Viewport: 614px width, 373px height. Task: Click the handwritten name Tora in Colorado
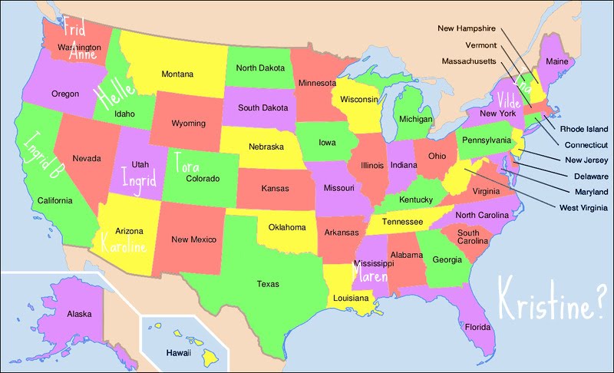(x=188, y=162)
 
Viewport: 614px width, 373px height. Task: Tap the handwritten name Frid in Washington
(x=74, y=29)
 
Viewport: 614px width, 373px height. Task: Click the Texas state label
(x=268, y=284)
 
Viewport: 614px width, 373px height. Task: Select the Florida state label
(x=477, y=327)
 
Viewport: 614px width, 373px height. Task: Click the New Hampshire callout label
(x=467, y=28)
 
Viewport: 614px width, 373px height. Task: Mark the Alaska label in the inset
(x=79, y=314)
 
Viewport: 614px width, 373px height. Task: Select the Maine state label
(x=556, y=61)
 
